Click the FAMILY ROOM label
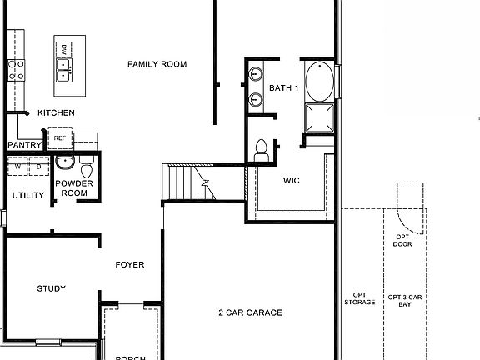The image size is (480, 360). tap(157, 64)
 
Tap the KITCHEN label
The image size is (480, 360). tap(56, 112)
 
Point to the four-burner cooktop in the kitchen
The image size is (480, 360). tap(14, 68)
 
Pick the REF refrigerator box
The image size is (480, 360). tap(59, 137)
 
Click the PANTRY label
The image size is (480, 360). tap(25, 144)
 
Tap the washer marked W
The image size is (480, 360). tap(17, 167)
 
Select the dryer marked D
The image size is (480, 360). tap(37, 167)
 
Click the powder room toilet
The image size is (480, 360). tap(86, 164)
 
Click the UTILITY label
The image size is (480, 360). tap(27, 195)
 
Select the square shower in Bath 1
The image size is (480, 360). tap(317, 118)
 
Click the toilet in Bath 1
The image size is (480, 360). tap(260, 150)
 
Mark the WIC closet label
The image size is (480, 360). tap(291, 180)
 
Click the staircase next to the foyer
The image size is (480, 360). tap(185, 182)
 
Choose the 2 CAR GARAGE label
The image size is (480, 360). tap(250, 313)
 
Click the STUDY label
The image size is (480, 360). tap(52, 289)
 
